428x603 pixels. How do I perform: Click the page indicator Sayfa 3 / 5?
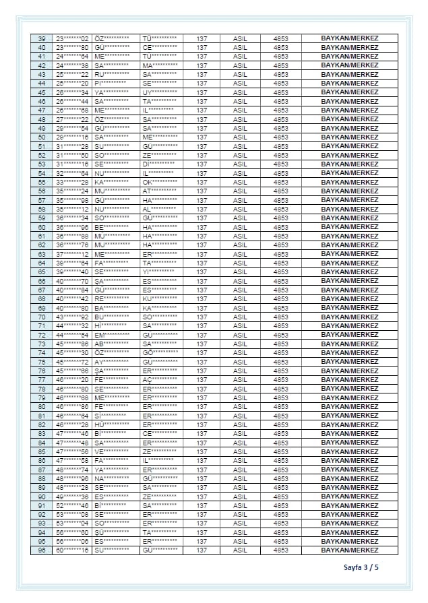click(x=361, y=567)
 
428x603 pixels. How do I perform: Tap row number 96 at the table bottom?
click(x=42, y=550)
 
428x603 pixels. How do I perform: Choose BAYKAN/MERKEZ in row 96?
click(x=349, y=550)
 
